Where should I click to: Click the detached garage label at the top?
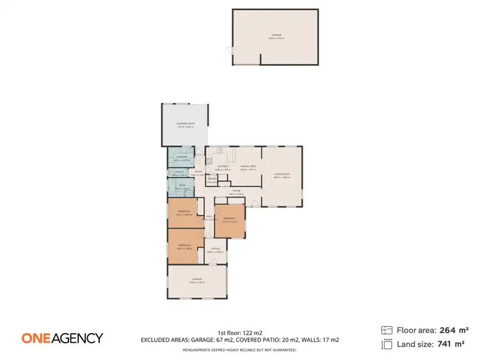coord(275,36)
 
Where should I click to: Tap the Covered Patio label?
coord(186,124)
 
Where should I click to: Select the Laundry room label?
coord(182,157)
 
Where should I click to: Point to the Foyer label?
coord(236,191)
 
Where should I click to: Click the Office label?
coord(215,249)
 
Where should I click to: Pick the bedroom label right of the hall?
coord(230,219)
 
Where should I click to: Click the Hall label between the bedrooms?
coord(209,217)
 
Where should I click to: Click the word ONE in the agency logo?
coord(36,338)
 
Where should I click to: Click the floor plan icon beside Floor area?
coord(386,330)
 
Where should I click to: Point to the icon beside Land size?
coord(386,345)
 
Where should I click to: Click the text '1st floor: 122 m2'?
coord(239,333)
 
